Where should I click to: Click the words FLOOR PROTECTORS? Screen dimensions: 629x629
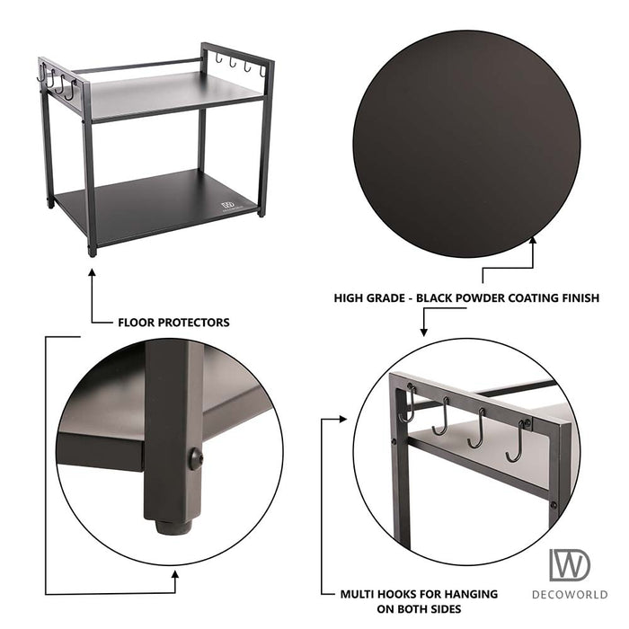pyautogui.click(x=173, y=322)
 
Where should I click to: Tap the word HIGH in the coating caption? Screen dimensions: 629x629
pyautogui.click(x=350, y=297)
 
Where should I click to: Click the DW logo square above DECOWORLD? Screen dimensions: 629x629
pyautogui.click(x=571, y=564)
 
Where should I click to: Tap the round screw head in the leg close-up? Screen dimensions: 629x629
pyautogui.click(x=195, y=459)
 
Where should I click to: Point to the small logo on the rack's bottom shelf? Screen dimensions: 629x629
pyautogui.click(x=228, y=207)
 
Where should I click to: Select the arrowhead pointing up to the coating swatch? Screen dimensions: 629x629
pyautogui.click(x=534, y=242)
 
